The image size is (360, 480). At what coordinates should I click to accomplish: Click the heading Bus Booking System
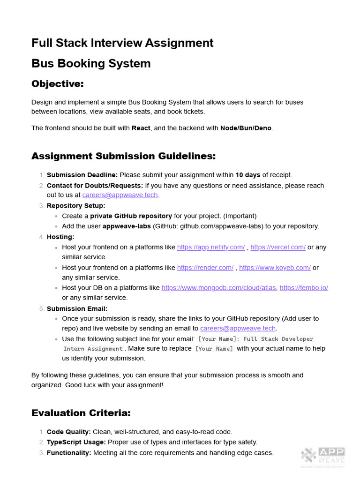click(x=91, y=63)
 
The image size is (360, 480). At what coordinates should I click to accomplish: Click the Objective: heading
click(x=57, y=84)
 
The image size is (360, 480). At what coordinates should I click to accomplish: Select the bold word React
click(x=141, y=128)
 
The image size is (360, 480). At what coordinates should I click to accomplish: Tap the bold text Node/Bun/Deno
click(x=246, y=128)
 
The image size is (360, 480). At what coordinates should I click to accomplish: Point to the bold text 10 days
click(x=247, y=175)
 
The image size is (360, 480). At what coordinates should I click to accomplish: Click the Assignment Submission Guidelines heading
click(x=123, y=156)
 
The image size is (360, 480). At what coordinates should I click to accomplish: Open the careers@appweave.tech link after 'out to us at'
click(x=120, y=195)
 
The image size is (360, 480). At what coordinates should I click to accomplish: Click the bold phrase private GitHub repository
click(x=131, y=216)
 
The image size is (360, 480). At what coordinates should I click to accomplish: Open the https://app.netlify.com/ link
click(x=210, y=247)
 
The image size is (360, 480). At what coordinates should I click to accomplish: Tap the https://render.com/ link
click(x=205, y=268)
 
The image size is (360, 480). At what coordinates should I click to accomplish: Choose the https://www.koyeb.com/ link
click(x=275, y=268)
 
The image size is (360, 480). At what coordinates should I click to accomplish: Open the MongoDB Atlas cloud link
click(x=219, y=288)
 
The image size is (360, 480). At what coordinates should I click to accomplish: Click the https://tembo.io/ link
click(x=304, y=288)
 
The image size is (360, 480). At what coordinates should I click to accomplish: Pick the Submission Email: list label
click(x=77, y=308)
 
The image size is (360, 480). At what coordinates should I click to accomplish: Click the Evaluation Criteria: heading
click(x=81, y=413)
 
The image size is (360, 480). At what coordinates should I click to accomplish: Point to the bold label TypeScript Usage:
click(x=76, y=442)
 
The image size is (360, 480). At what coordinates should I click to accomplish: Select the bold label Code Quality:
click(x=69, y=432)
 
